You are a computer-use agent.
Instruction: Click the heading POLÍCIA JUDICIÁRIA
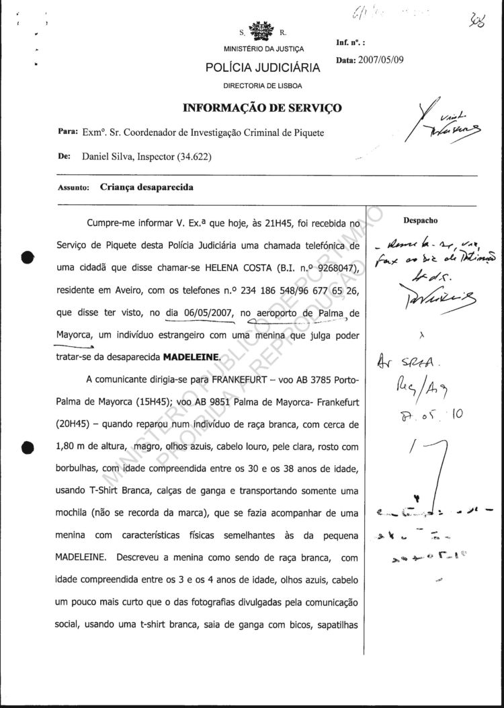click(x=263, y=67)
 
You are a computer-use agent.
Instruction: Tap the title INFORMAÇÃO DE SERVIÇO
click(x=263, y=108)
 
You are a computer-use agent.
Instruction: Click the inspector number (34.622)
click(x=194, y=157)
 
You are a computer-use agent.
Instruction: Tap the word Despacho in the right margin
click(x=421, y=220)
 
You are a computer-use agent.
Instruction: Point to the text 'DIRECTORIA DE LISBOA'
click(x=263, y=86)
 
